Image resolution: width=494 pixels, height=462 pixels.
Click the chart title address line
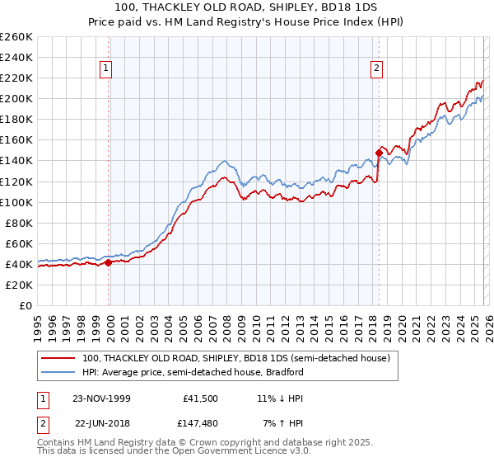(247, 8)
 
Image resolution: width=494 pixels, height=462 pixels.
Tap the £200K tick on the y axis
(16, 99)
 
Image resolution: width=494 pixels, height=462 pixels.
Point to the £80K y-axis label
(19, 223)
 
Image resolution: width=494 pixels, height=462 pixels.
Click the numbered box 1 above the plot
(107, 69)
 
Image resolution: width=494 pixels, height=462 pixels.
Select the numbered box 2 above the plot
(376, 69)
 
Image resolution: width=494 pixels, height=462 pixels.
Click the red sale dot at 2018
(379, 153)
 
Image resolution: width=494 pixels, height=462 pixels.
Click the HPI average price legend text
(193, 373)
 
